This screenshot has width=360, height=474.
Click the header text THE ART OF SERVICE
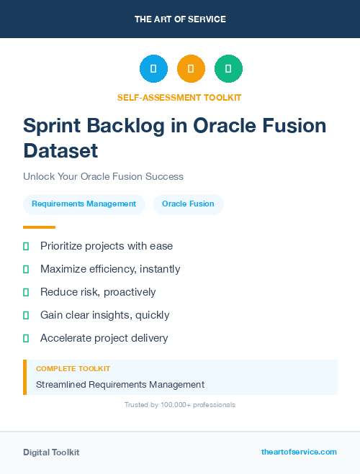coord(180,19)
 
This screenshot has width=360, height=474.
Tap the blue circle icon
coord(153,69)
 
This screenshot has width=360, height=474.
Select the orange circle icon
coord(191,69)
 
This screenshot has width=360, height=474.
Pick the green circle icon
coord(228,69)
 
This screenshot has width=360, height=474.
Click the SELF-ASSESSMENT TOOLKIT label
coord(179,97)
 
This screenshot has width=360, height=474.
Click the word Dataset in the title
coord(60,151)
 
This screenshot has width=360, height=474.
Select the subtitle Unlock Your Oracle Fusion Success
coord(103,176)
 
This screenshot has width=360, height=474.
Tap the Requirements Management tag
coord(84,204)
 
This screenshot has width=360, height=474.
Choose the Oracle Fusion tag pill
coord(188,204)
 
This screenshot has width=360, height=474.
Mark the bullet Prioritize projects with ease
coord(106,246)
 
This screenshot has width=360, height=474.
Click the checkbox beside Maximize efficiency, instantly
coord(26,269)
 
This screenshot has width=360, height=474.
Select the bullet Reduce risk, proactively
coord(98,292)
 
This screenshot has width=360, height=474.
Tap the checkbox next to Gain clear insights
coord(26,315)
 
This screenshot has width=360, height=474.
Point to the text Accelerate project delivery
coord(104,338)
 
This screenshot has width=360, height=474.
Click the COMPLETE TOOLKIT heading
coord(73,368)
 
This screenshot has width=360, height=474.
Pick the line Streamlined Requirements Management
coord(120,384)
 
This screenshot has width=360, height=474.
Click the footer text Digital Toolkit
coord(51,452)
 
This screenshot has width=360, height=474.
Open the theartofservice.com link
coord(299,452)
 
